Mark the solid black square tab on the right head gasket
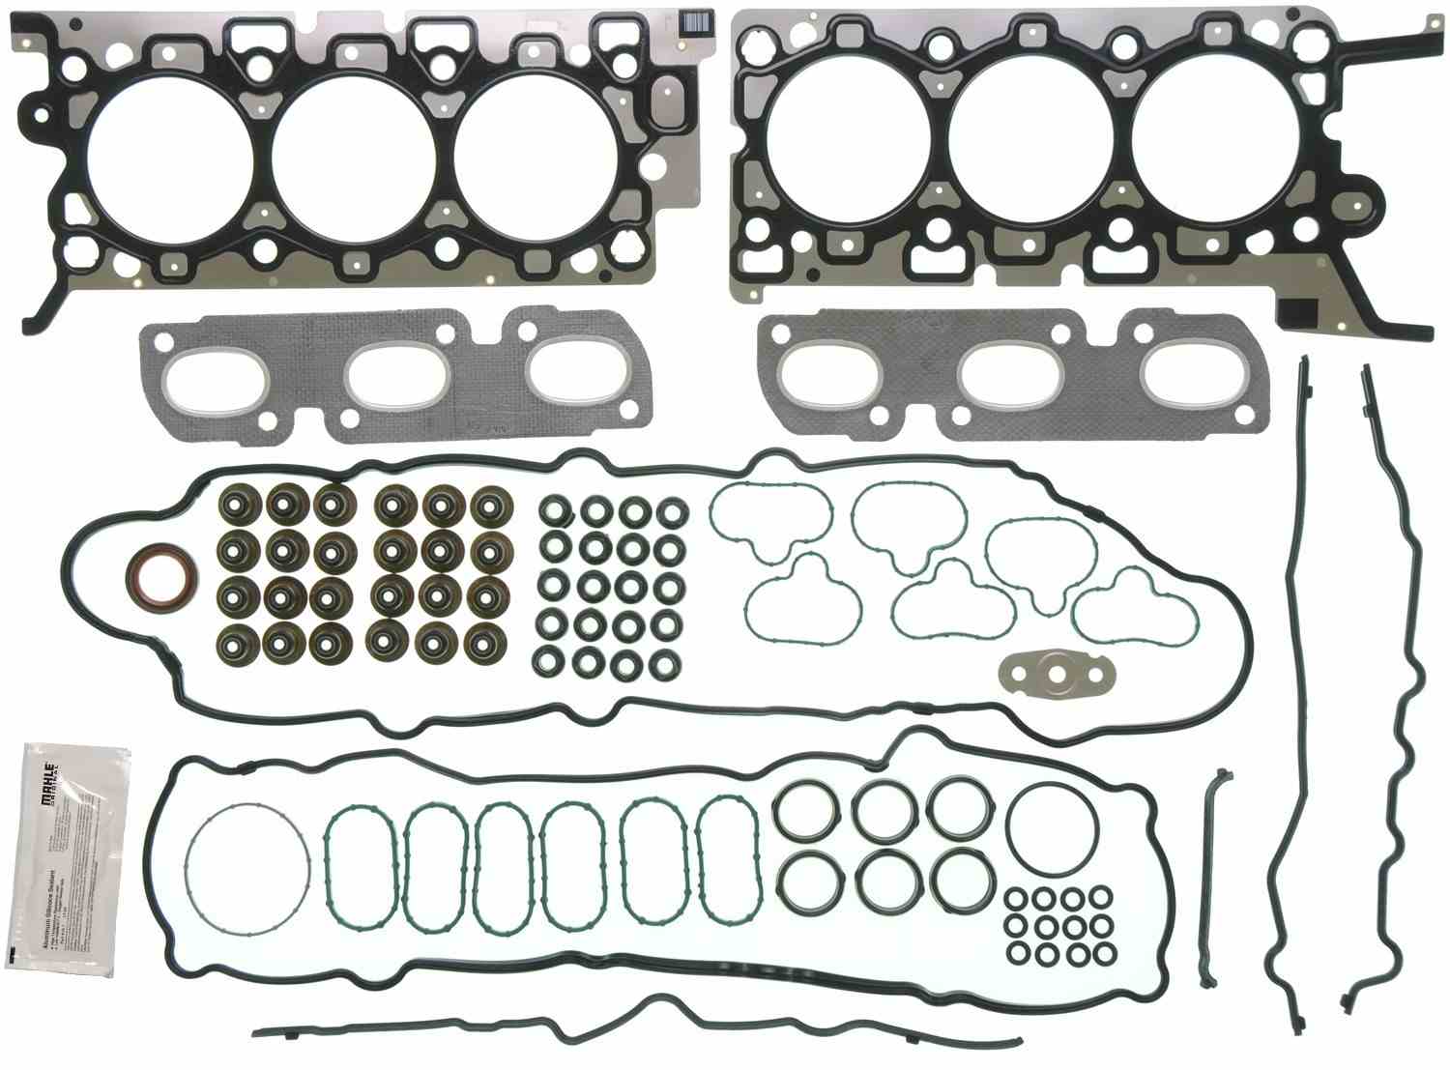click(x=1295, y=311)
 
